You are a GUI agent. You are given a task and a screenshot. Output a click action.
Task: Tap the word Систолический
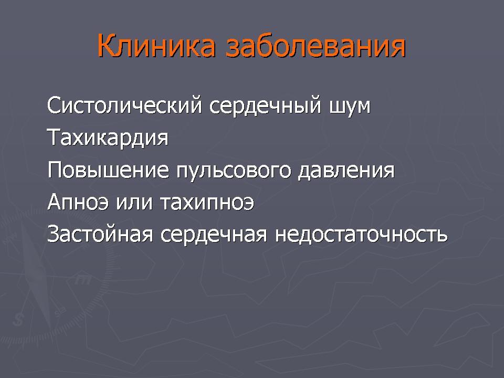(125, 105)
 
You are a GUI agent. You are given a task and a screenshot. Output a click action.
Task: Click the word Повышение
(108, 170)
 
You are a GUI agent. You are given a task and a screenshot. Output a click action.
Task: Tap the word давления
(346, 170)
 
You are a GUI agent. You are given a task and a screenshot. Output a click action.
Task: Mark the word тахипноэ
(207, 203)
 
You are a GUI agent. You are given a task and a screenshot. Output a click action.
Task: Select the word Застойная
(100, 234)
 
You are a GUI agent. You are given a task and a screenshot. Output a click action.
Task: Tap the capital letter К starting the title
(107, 46)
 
